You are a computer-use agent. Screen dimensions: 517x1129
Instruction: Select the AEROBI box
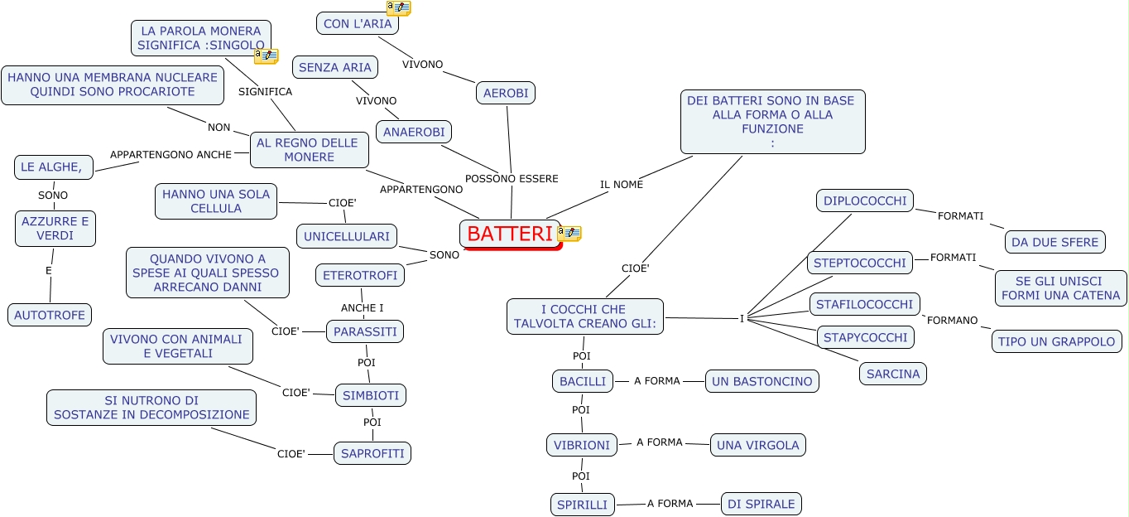coord(506,93)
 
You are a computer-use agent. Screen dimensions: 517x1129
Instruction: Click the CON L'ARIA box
coord(358,24)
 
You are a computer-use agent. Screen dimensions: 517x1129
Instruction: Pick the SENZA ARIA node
coord(335,67)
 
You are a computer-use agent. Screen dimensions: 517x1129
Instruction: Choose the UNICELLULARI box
coord(347,236)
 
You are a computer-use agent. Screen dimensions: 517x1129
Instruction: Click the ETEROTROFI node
coord(360,275)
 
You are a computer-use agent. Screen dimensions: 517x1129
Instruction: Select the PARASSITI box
coord(365,332)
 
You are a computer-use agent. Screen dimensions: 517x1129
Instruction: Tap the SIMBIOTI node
coord(371,395)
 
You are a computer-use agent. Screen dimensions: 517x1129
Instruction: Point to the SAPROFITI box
coord(372,453)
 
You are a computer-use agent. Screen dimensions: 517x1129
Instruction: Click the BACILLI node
coord(583,381)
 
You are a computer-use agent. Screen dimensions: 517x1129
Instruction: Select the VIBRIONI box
coord(582,445)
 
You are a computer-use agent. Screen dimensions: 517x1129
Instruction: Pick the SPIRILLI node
coord(583,504)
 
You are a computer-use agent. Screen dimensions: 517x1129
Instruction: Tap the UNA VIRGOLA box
coord(758,445)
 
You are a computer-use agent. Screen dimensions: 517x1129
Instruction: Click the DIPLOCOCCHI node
coord(865,201)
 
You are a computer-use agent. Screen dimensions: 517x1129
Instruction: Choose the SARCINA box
coord(893,374)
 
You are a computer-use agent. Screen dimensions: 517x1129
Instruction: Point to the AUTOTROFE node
coord(50,315)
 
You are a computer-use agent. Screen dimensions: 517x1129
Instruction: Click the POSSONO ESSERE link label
coord(512,178)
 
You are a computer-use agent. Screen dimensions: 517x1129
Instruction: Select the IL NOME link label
coord(622,184)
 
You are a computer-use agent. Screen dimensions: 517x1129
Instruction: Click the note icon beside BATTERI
coord(569,234)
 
